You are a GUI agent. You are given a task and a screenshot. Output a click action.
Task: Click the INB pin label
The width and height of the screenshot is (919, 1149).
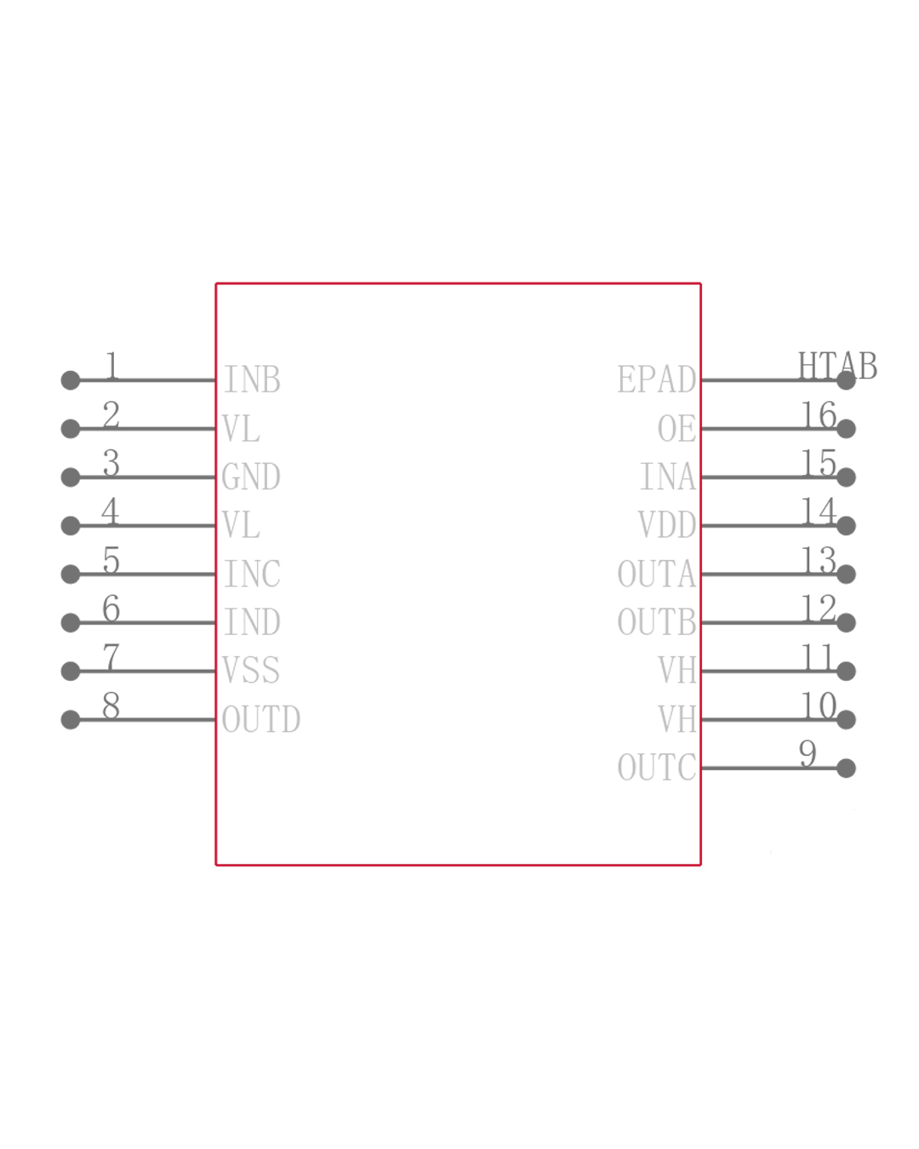252,380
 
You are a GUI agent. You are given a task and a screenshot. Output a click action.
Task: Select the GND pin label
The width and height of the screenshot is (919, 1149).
251,477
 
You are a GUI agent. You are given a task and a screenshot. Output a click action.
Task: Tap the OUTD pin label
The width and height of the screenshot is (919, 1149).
261,719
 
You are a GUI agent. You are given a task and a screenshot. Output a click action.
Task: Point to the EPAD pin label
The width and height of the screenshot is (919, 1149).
656,380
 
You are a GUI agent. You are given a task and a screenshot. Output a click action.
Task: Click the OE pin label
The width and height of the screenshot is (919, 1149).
676,428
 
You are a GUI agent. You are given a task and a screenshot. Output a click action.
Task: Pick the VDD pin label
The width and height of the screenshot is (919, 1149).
667,525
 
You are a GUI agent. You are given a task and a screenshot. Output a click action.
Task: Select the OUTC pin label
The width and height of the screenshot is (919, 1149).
656,768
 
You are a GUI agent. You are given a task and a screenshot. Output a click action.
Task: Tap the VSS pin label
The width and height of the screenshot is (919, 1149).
251,671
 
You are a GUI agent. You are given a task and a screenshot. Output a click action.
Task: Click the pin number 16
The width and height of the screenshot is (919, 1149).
819,414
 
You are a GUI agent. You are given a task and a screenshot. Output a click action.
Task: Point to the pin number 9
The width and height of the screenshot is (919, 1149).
808,753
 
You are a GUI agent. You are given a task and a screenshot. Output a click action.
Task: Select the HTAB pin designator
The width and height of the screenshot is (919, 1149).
837,366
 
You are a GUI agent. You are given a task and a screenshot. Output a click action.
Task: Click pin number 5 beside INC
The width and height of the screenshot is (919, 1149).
111,560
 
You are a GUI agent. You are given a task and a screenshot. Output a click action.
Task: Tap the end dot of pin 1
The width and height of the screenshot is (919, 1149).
71,380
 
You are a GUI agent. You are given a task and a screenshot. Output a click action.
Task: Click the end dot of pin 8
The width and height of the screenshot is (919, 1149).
71,720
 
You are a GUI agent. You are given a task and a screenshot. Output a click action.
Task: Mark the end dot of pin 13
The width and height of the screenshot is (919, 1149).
846,574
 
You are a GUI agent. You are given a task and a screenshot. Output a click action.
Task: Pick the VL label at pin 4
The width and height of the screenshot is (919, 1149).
241,525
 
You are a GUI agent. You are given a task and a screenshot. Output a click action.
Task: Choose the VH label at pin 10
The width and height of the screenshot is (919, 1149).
676,719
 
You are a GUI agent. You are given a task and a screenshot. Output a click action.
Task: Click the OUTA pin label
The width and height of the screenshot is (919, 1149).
656,574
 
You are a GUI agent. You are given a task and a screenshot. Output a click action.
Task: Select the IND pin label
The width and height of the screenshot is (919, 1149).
252,622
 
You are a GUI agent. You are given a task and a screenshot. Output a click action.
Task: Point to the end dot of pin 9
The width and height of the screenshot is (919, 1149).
846,769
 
